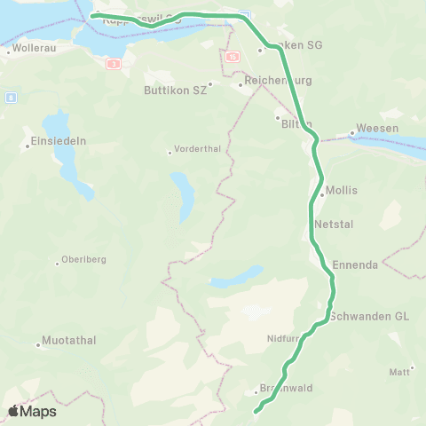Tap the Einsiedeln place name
tap(58, 141)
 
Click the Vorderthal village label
tap(196, 149)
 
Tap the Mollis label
tap(342, 190)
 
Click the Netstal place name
tap(334, 225)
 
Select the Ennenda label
tap(355, 264)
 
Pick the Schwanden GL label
tap(369, 316)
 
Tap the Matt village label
tap(399, 371)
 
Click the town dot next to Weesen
tap(352, 134)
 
